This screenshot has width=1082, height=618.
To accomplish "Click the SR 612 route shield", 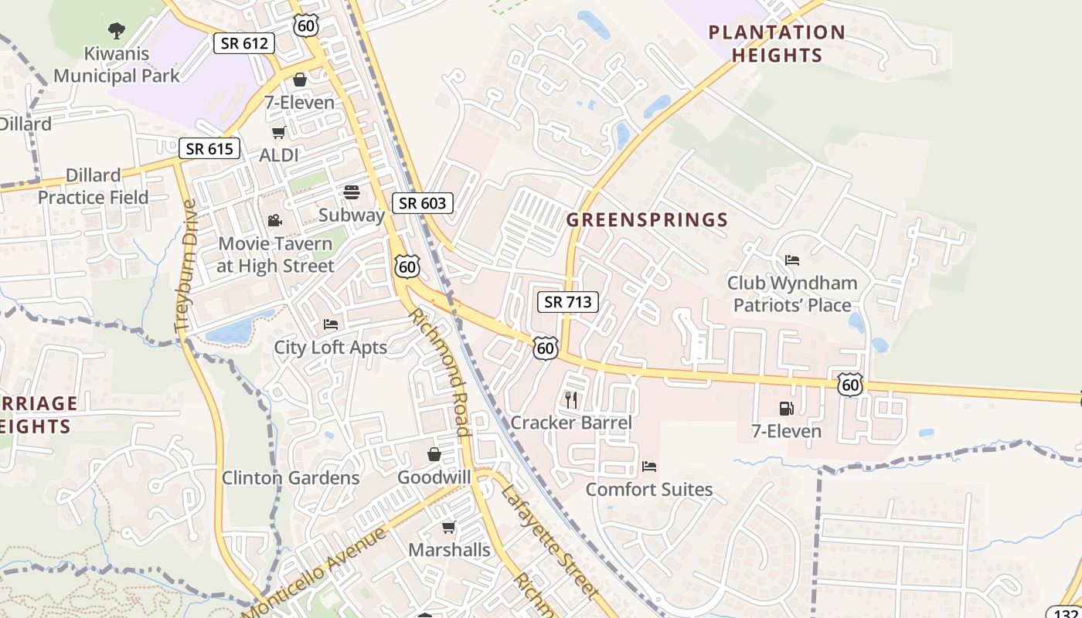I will tap(244, 43).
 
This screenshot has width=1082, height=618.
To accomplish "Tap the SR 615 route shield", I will tap(209, 148).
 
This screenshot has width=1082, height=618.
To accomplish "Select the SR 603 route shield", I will tap(422, 203).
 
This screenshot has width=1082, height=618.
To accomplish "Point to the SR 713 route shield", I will tap(568, 302).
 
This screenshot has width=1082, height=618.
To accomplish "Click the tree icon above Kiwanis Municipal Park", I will tap(117, 31).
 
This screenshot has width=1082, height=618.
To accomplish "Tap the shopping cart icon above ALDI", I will tap(278, 132).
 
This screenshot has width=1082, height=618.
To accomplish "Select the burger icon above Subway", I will tap(352, 192).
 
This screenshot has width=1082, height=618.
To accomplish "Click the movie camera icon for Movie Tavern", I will tap(274, 221).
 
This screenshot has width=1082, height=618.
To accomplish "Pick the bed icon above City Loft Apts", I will tap(331, 324).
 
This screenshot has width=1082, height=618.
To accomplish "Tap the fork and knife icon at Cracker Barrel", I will tap(571, 399).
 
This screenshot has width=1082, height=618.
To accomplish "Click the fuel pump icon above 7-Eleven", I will tap(786, 408).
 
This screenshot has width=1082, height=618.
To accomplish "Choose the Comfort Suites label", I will tap(649, 490).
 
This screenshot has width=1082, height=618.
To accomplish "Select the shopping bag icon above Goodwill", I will tap(434, 454).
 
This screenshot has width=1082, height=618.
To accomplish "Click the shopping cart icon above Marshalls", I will tap(448, 527).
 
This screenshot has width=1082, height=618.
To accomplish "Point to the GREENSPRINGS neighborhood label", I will tap(647, 220).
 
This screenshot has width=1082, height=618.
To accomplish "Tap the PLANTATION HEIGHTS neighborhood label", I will tap(777, 44).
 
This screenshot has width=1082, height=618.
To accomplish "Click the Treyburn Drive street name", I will tap(186, 267).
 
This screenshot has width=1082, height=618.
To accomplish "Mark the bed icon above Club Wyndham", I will tap(792, 260).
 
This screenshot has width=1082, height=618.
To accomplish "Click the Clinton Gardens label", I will tap(291, 478).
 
